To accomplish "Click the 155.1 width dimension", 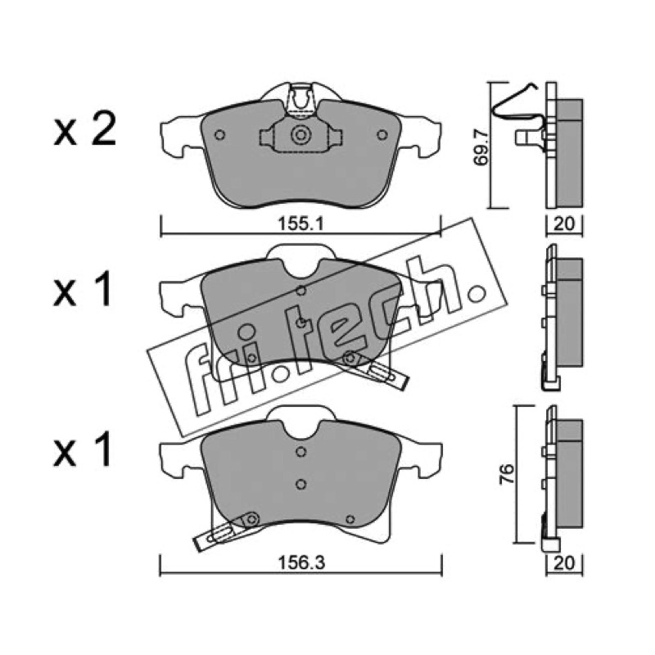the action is (300, 224).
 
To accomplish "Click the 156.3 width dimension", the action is (301, 563).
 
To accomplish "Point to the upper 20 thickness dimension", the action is (564, 224).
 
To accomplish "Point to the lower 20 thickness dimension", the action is (564, 563).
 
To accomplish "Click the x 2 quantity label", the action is (85, 129).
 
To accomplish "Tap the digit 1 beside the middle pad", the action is (102, 289).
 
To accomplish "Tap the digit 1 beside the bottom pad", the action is (102, 449).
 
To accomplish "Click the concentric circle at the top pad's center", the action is (300, 135).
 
